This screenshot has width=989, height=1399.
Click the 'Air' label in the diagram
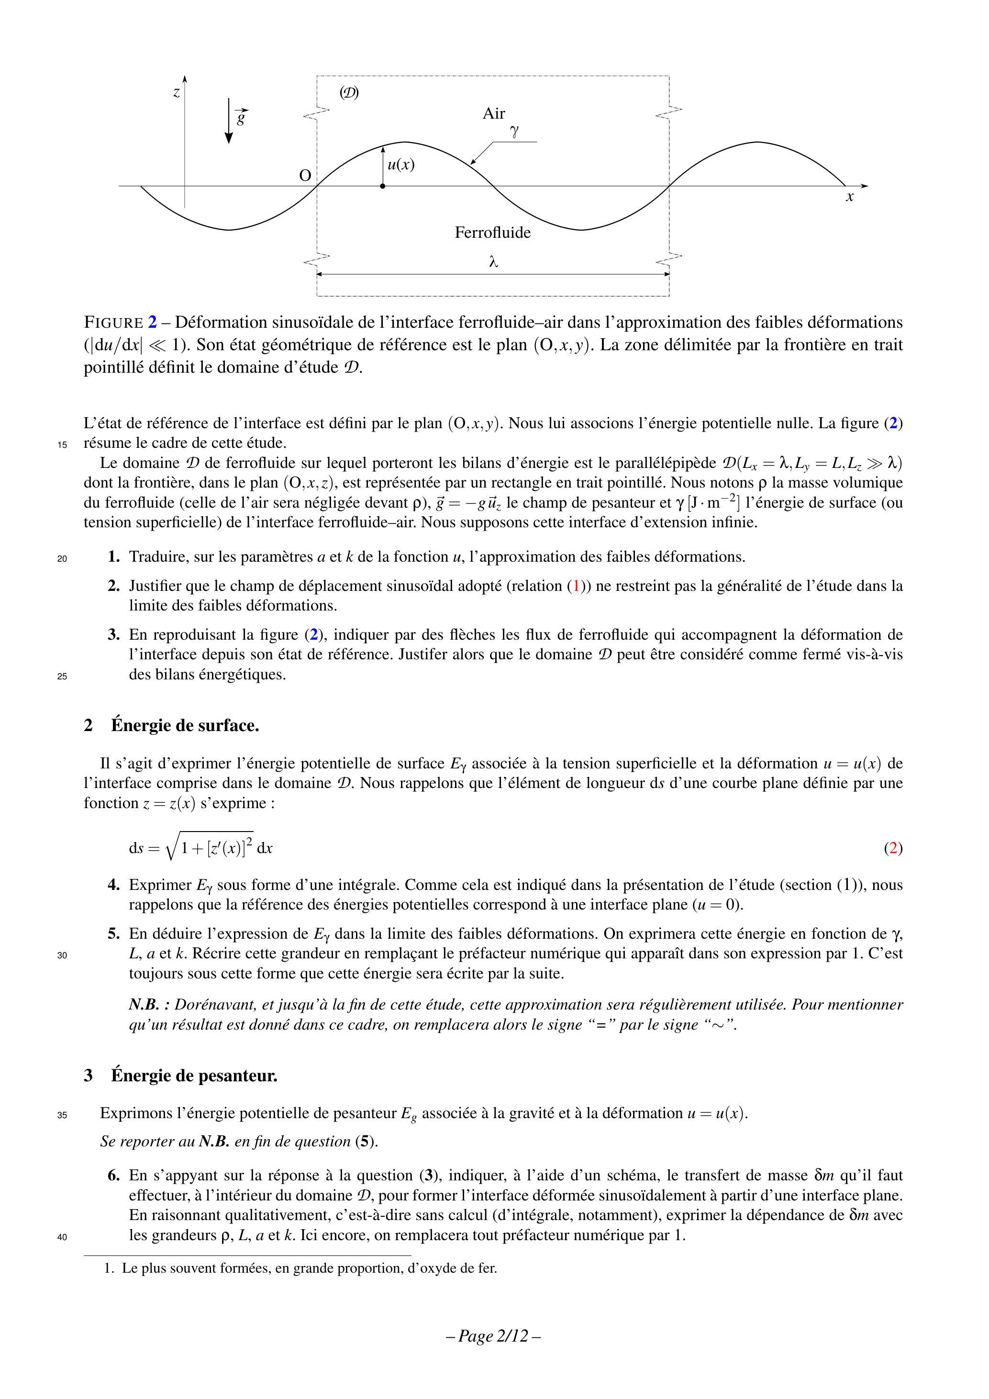pos(494,113)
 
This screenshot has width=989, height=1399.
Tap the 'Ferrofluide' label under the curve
pos(492,233)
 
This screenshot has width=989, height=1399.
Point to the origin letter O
pos(305,176)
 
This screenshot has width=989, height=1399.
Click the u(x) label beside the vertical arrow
pos(401,165)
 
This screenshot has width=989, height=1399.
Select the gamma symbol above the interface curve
pos(515,131)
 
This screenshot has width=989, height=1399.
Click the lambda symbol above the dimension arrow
pos(494,262)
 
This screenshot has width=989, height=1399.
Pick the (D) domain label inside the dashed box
pos(349,93)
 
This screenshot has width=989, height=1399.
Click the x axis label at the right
pos(849,197)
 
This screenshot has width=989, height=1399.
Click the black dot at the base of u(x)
pos(383,186)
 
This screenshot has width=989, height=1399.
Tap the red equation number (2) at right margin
pos(893,848)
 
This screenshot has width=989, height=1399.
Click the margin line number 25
pos(62,676)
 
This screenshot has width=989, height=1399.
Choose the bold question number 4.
pos(114,885)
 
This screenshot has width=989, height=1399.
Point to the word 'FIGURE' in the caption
pos(114,322)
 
